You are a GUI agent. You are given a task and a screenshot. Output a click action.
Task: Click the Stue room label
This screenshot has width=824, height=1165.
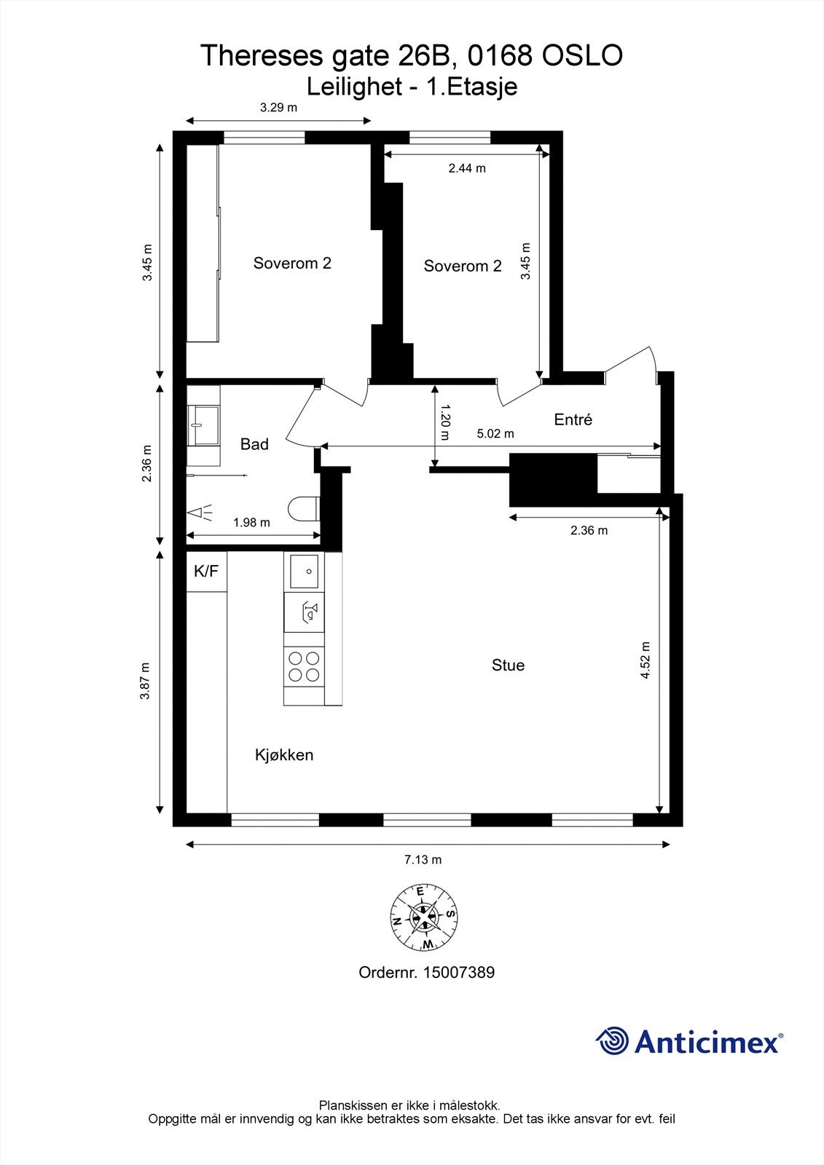pyautogui.click(x=508, y=665)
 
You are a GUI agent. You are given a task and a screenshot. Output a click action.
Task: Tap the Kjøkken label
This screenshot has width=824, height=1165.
pyautogui.click(x=284, y=754)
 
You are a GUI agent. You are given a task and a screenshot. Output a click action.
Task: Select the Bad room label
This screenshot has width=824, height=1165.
pyautogui.click(x=254, y=444)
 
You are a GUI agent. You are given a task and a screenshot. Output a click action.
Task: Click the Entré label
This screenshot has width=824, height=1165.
pyautogui.click(x=573, y=419)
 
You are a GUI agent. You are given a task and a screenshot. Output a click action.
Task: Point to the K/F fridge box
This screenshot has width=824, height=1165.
pyautogui.click(x=206, y=572)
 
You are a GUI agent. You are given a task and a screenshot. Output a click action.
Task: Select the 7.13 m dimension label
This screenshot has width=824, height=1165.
pyautogui.click(x=423, y=859)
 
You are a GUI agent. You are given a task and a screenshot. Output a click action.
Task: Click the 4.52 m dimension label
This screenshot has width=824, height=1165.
pyautogui.click(x=645, y=660)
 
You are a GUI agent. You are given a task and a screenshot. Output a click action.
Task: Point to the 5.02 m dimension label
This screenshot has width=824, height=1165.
pyautogui.click(x=495, y=434)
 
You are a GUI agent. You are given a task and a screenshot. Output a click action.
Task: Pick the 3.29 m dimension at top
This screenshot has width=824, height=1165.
pyautogui.click(x=279, y=108)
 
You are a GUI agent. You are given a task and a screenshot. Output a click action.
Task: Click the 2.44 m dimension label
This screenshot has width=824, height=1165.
pyautogui.click(x=467, y=168)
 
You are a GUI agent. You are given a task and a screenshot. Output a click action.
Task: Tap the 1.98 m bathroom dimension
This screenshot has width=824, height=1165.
pyautogui.click(x=251, y=522)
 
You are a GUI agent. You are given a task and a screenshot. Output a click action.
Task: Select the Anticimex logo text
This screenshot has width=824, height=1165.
pyautogui.click(x=707, y=1042)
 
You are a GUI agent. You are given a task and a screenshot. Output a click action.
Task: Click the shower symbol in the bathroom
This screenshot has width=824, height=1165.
pyautogui.click(x=201, y=513)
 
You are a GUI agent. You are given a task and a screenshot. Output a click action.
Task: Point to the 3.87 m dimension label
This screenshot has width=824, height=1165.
pyautogui.click(x=146, y=681)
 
